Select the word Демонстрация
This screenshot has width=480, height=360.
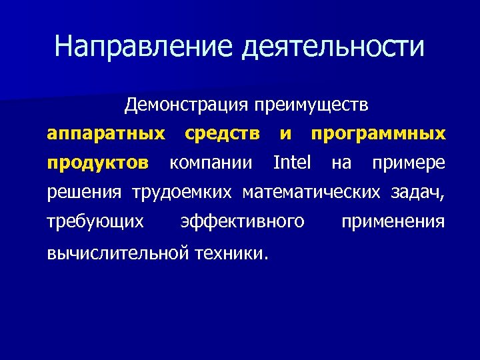click(x=186, y=105)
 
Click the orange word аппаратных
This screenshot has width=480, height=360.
click(x=106, y=134)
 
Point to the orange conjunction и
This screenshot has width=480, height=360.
click(x=285, y=134)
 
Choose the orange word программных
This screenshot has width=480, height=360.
click(x=378, y=134)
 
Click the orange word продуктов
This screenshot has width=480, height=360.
click(x=99, y=163)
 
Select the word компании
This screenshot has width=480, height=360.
click(x=211, y=163)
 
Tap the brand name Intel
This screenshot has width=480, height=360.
click(x=292, y=163)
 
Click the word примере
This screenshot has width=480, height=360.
click(x=408, y=163)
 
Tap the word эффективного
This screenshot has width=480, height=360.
click(x=243, y=221)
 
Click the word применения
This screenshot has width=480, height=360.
click(x=393, y=221)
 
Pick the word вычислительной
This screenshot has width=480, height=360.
click(x=119, y=253)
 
